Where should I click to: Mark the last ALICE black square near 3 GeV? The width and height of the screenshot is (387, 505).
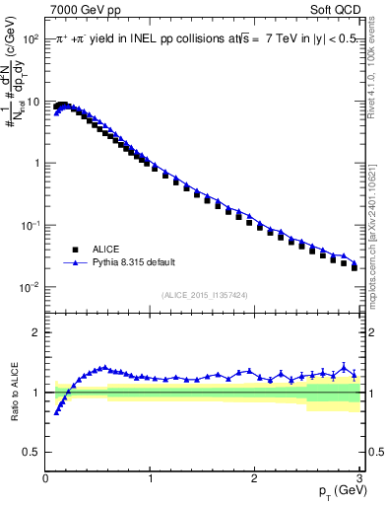point(355,267)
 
